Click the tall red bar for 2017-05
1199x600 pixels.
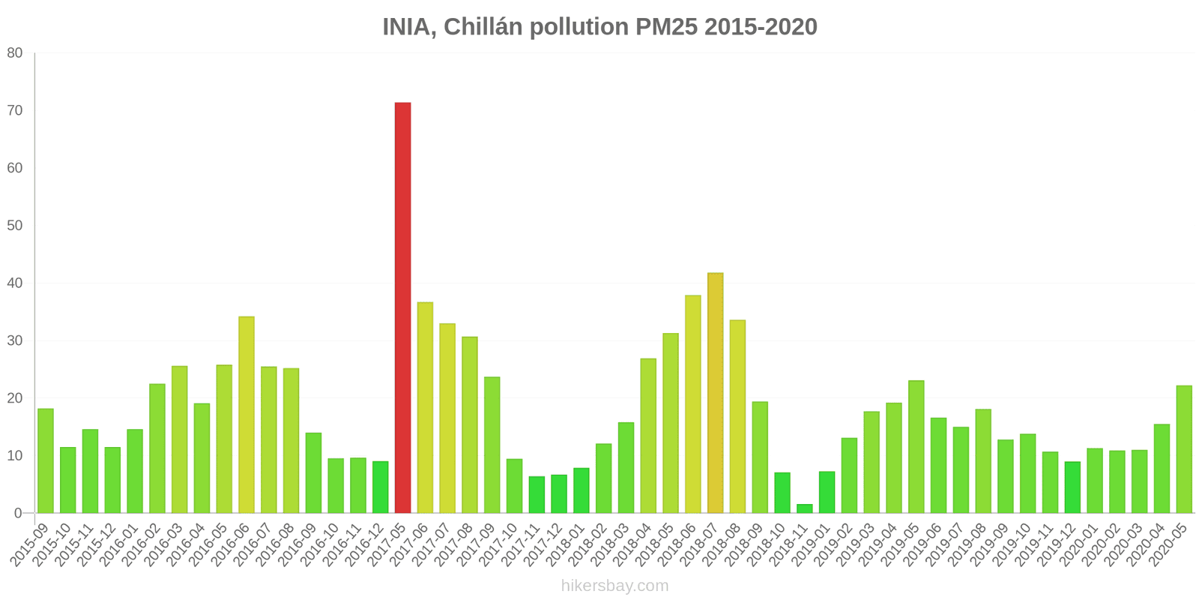(402, 307)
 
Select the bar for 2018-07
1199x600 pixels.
(715, 393)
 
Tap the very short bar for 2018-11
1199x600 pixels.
(804, 508)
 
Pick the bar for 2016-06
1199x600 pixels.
(247, 415)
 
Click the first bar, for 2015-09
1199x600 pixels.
(46, 460)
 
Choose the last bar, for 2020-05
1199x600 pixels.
(1184, 449)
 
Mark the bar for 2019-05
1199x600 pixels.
(916, 447)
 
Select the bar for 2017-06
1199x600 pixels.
(425, 407)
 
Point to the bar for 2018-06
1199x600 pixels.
(693, 404)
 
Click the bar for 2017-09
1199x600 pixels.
(492, 445)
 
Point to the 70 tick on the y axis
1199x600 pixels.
(15, 110)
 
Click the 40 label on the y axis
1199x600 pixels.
(15, 283)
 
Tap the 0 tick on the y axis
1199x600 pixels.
(19, 513)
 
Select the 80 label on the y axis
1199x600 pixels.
(15, 52)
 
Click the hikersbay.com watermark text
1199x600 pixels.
(614, 586)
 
